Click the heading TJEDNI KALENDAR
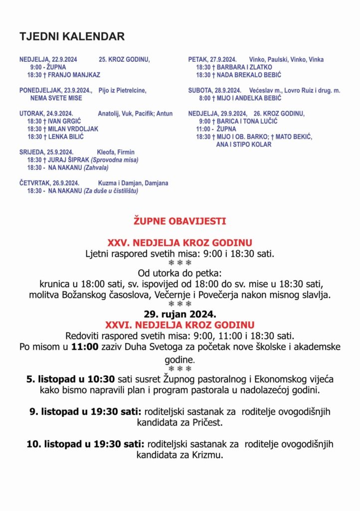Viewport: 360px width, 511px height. click(72, 36)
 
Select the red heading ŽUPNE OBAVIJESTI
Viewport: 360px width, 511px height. click(180, 220)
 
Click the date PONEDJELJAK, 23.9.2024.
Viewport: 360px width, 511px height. click(56, 90)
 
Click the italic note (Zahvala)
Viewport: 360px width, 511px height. click(96, 168)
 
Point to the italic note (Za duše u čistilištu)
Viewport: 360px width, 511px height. click(111, 191)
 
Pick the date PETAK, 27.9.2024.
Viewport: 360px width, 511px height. click(212, 59)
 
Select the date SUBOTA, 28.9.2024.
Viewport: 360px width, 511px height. click(214, 90)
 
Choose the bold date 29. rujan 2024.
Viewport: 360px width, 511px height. click(180, 314)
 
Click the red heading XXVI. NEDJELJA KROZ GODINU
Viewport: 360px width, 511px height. click(180, 324)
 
